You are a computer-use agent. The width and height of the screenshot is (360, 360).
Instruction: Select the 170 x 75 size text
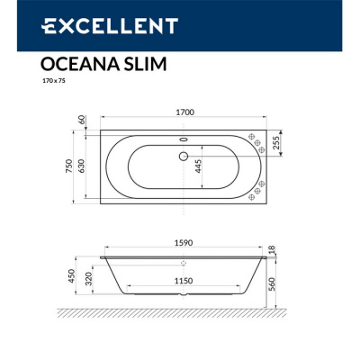pyautogui.click(x=54, y=81)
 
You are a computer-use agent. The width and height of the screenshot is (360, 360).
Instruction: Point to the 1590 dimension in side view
pyautogui.click(x=184, y=244)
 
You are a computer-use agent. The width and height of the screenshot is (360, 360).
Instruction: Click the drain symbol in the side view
pyautogui.click(x=184, y=263)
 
